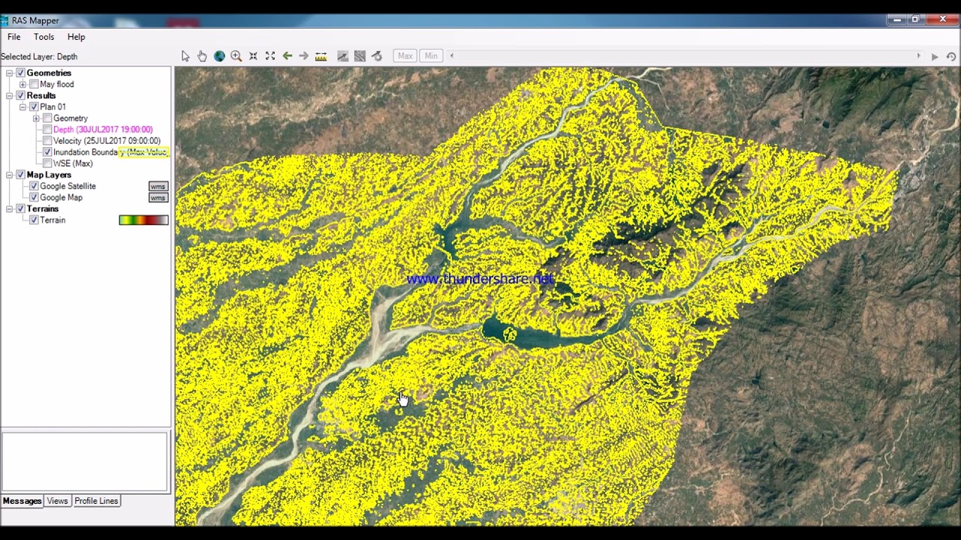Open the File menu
14,37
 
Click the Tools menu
44,37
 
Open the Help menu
76,37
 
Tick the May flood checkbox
34,85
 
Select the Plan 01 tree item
53,107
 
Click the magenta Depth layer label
102,130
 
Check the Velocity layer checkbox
47,141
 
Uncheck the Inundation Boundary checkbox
47,152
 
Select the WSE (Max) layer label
73,163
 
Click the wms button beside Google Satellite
158,186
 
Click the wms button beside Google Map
158,198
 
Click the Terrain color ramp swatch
143,220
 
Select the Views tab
57,501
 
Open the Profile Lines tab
96,501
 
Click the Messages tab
22,501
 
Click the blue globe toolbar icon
219,56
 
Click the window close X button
942,19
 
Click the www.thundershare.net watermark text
480,279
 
